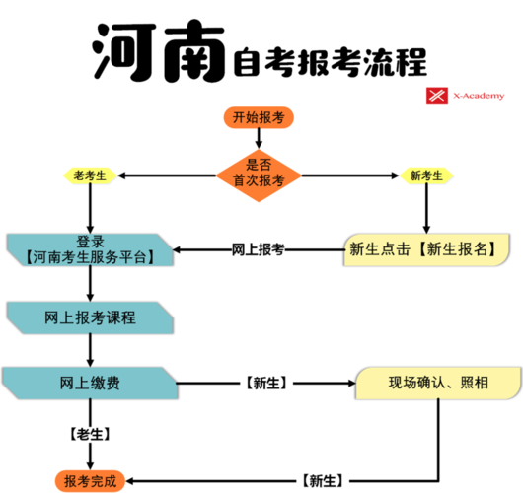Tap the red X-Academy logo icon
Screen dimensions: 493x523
[x=434, y=96]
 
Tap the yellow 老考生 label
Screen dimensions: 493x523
[x=90, y=175]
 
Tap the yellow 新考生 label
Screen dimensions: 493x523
[x=426, y=176]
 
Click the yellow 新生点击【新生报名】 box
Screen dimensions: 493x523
[x=420, y=249]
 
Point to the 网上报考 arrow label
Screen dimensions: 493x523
[x=259, y=250]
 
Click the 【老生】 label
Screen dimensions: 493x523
[x=90, y=433]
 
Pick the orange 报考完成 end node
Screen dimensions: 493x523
[x=90, y=480]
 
